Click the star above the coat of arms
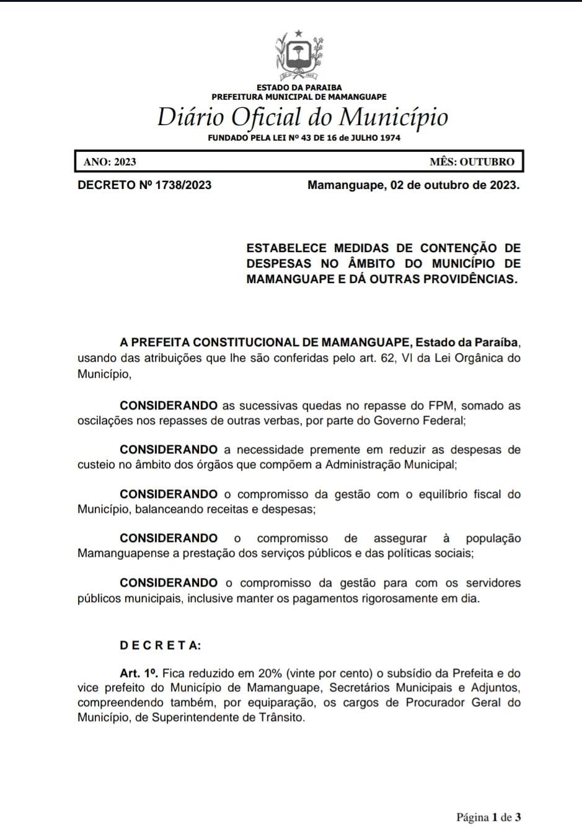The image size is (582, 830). (x=299, y=33)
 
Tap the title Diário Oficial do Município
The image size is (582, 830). (x=302, y=117)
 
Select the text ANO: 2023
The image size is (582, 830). (x=110, y=162)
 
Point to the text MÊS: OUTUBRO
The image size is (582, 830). (x=472, y=162)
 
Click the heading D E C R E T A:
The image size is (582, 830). (x=161, y=645)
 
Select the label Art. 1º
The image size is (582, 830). (x=139, y=673)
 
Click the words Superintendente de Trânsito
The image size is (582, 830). (x=228, y=718)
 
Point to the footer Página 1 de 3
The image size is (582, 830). (x=488, y=818)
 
